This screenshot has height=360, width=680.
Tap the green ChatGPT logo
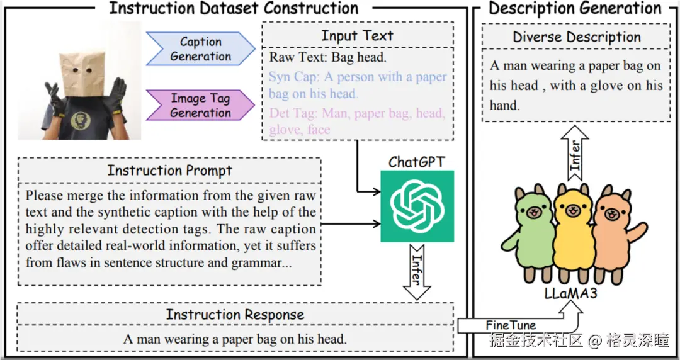417,206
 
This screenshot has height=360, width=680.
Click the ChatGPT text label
417,162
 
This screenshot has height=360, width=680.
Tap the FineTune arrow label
511,325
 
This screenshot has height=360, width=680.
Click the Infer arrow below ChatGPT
416,271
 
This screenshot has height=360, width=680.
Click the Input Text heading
357,35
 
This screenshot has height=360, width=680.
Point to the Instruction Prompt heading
169,170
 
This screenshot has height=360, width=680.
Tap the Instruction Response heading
235,315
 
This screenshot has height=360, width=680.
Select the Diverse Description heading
577,37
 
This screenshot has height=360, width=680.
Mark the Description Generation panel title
575,8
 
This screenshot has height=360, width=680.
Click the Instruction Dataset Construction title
234,8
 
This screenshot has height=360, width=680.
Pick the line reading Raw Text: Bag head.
328,58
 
